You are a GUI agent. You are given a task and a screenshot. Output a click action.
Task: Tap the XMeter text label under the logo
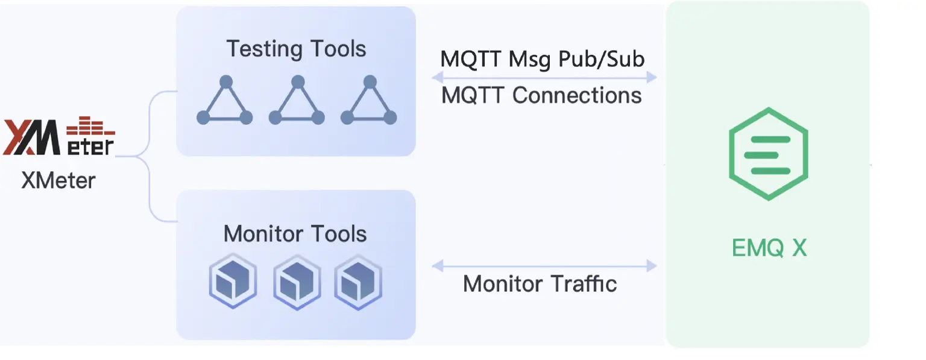coord(58,180)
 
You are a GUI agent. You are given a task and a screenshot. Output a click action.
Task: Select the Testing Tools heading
coord(296,49)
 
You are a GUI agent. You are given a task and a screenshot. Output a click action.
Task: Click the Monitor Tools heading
coord(295,234)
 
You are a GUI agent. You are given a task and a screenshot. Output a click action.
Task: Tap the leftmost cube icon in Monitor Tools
coord(233,282)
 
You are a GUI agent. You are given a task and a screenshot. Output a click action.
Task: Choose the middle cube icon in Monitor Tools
coord(297,282)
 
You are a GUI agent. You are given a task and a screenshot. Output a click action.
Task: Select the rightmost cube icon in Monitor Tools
coord(358,282)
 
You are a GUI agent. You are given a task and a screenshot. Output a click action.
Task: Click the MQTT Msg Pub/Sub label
coord(543,59)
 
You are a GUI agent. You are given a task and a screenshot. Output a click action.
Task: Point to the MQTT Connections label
coord(541,95)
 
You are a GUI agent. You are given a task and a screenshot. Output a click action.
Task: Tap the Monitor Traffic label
coord(540,283)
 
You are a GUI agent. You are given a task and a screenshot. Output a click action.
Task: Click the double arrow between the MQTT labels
coord(544,77)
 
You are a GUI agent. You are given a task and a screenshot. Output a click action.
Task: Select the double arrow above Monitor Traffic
coord(544,265)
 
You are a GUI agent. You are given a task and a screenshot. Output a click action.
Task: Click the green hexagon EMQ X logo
coord(767,154)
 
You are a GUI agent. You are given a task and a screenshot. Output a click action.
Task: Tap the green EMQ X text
coord(769,248)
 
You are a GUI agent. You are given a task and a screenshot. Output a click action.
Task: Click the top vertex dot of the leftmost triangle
coord(225,81)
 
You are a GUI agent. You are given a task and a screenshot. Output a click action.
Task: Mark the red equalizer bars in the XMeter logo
coord(90,127)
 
